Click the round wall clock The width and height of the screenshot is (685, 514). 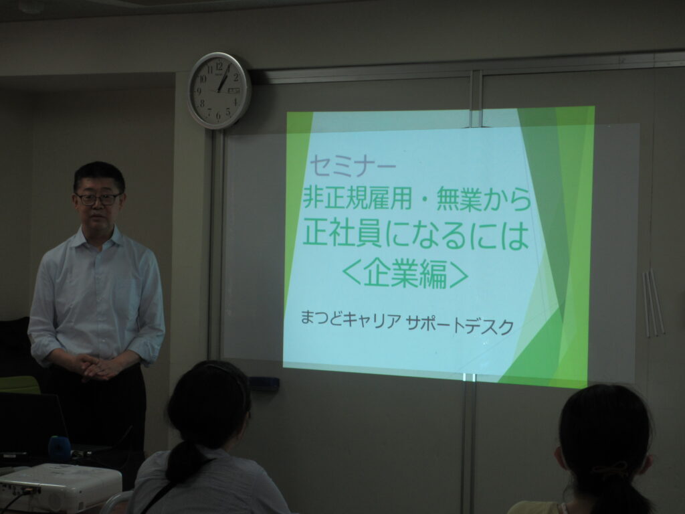[x=219, y=90]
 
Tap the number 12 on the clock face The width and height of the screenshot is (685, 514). [x=219, y=66]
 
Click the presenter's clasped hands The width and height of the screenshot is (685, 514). [x=98, y=367]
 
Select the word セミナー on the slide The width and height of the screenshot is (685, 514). [x=353, y=167]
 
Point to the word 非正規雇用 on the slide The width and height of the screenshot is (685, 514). [x=357, y=198]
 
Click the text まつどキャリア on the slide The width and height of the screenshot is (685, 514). [x=351, y=320]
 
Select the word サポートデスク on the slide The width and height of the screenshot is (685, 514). [x=460, y=325]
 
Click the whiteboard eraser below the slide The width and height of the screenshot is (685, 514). [x=264, y=383]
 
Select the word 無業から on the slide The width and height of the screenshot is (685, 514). [x=484, y=199]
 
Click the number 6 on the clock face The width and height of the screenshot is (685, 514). [x=218, y=116]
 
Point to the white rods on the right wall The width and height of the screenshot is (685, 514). [x=653, y=303]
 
